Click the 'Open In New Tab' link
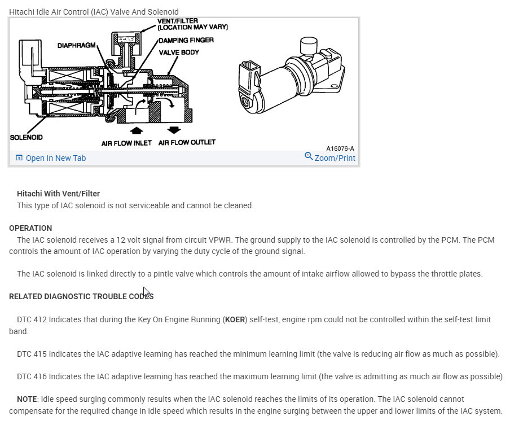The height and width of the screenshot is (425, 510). coord(55,158)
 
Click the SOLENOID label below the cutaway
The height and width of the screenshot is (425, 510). coord(26,137)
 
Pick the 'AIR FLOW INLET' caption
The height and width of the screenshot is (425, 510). coord(126,143)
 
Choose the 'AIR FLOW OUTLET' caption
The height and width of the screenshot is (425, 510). coord(187,143)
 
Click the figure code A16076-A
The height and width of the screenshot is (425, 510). coord(340,148)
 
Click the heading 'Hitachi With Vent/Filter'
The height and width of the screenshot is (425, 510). coord(58,194)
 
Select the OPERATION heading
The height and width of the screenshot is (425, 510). coord(30,228)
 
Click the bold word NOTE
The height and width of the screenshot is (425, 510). coord(27,399)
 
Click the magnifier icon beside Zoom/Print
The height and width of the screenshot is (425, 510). coord(309,156)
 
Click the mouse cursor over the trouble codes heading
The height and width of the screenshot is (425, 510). coord(146,292)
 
